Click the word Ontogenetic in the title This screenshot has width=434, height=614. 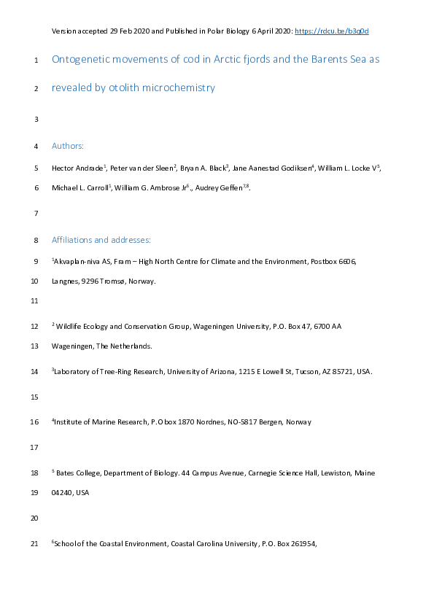pos(80,58)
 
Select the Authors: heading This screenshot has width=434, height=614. pos(68,146)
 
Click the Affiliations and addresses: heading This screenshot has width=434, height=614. pos(101,239)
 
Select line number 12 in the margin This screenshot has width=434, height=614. pos(35,326)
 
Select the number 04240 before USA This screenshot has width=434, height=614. pos(63,492)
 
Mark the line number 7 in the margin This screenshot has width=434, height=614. pos(35,214)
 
